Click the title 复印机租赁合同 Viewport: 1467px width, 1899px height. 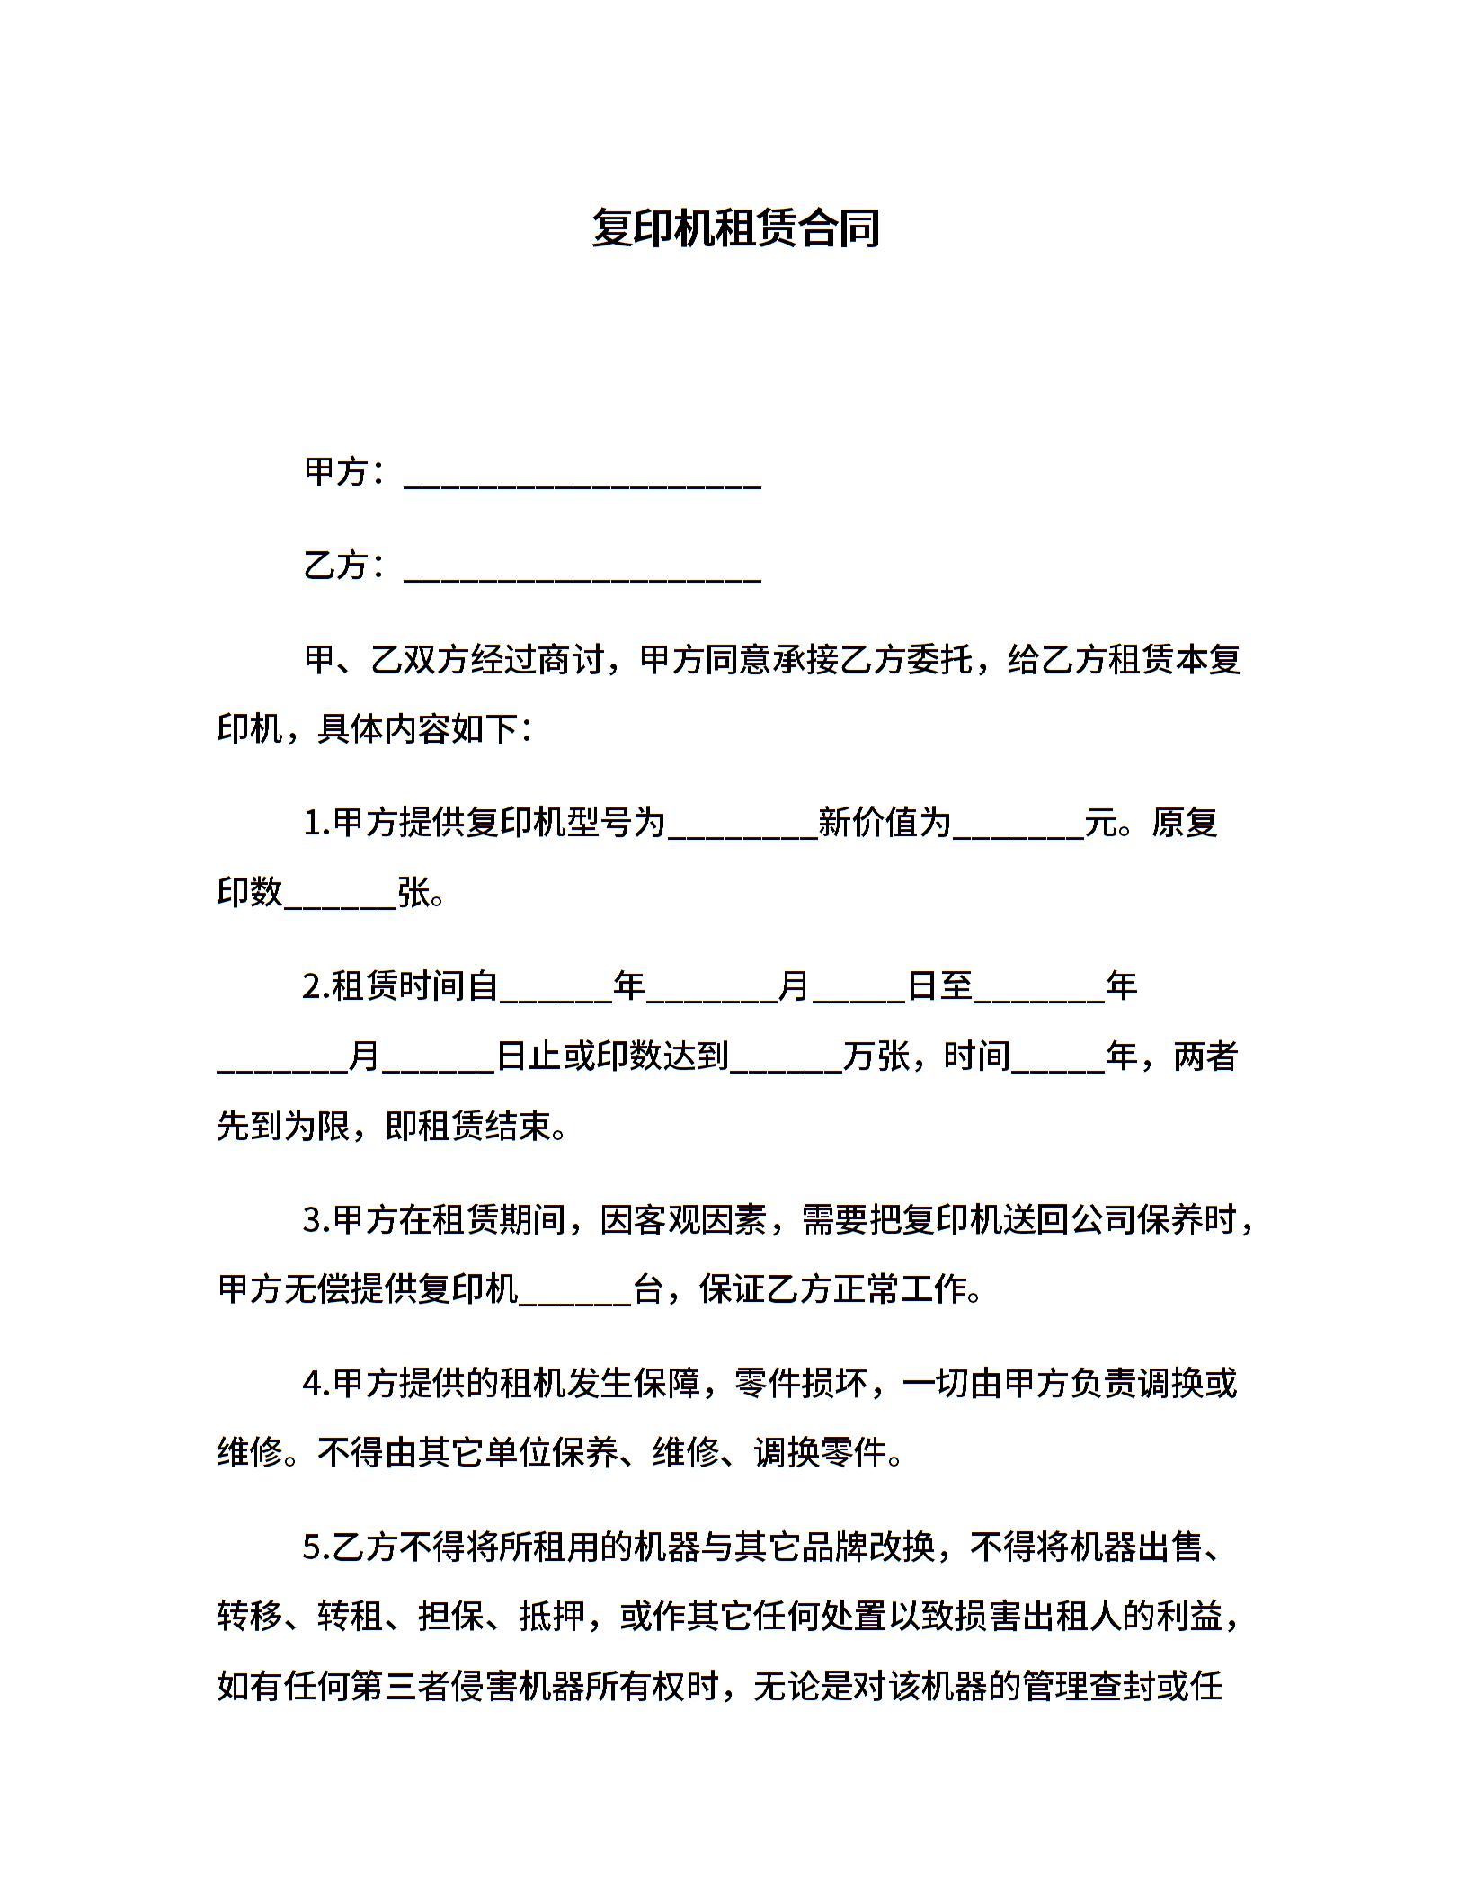pyautogui.click(x=734, y=228)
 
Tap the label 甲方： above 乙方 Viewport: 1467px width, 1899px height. pyautogui.click(x=345, y=471)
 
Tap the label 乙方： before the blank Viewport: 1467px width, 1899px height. pyautogui.click(x=345, y=566)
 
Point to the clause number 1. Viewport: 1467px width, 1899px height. pyautogui.click(x=314, y=823)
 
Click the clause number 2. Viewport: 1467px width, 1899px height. pyautogui.click(x=315, y=987)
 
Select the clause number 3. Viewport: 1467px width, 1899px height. pyautogui.click(x=315, y=1221)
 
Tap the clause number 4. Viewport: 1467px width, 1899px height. pyautogui.click(x=315, y=1385)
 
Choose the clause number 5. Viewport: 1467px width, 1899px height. pyautogui.click(x=315, y=1548)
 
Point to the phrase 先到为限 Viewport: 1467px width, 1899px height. pyautogui.click(x=284, y=1127)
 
